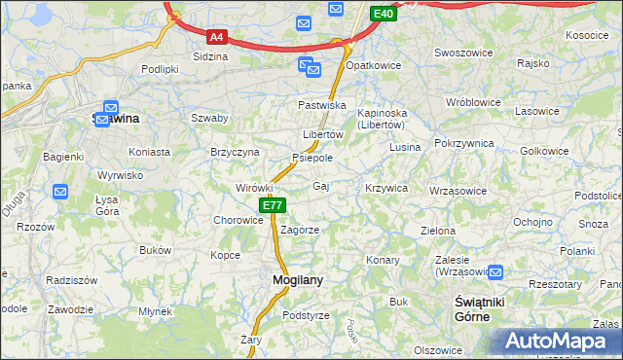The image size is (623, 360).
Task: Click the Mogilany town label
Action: coord(290,280)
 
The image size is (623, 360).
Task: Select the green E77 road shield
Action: coord(272,205)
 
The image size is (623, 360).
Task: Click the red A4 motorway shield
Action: coord(217,37)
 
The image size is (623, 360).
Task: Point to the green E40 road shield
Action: coord(384,14)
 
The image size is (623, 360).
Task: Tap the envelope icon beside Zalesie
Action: coord(496,273)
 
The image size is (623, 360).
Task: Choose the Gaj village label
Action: coord(321,186)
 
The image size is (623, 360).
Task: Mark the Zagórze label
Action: coord(300,230)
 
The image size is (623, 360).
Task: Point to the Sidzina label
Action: coord(210,56)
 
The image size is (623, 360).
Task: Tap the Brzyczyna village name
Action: coord(235,152)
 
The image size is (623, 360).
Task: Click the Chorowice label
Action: coord(238,220)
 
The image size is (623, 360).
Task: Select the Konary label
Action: coord(384,260)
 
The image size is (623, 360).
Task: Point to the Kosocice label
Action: coord(586,35)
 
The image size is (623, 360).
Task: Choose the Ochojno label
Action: coord(532,221)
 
